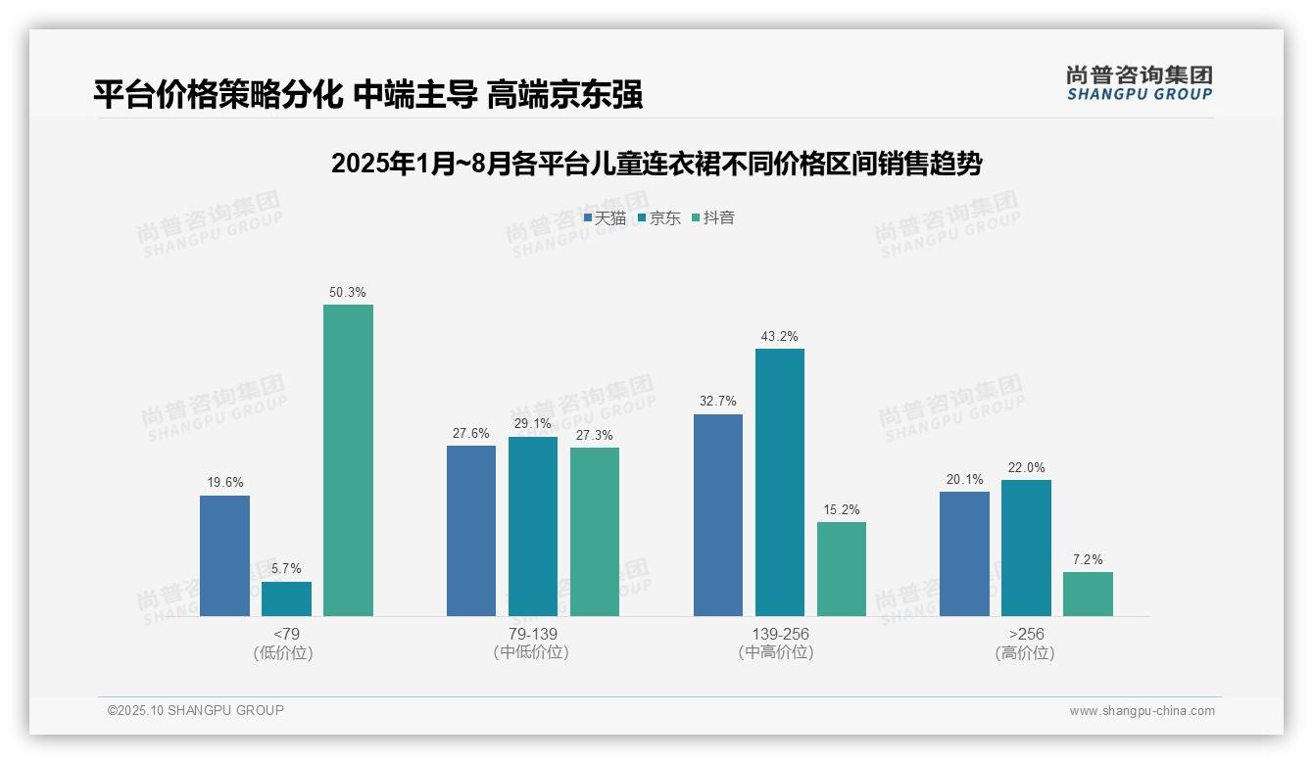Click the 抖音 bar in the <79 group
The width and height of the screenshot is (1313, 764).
tap(348, 460)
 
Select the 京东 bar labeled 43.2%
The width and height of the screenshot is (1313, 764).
tap(780, 482)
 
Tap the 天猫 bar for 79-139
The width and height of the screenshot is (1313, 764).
tap(471, 531)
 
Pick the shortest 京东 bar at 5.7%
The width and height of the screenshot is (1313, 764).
tap(286, 598)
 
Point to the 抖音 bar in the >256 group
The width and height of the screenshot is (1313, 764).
tap(1088, 594)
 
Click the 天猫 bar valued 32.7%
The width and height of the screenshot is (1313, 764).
tap(718, 515)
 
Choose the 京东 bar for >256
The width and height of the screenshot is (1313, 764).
tap(1026, 548)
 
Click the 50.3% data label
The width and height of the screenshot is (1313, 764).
tap(348, 292)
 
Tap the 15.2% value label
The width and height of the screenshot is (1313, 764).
tap(842, 509)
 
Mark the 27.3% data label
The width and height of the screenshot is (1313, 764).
tap(595, 435)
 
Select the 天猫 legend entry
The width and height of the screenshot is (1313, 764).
tap(605, 217)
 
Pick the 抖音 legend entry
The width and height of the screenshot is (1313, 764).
tap(713, 217)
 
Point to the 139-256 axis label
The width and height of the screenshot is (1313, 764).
tap(780, 634)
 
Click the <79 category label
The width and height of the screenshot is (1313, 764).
tap(287, 634)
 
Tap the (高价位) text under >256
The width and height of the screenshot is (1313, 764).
tap(1026, 652)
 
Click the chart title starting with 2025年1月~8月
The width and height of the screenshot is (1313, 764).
tap(656, 164)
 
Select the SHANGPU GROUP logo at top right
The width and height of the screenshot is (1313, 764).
tap(1139, 83)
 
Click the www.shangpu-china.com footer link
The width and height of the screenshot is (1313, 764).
tap(1142, 711)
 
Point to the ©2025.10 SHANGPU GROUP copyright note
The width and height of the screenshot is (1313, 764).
tap(196, 710)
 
